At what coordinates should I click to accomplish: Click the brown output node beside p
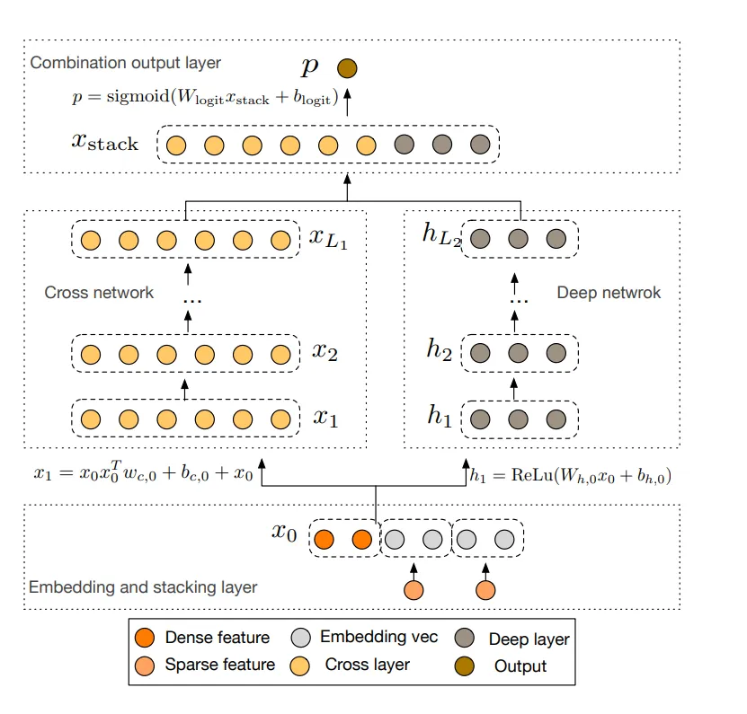346,68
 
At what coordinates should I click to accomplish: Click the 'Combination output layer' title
125,64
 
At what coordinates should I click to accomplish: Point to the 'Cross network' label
99,293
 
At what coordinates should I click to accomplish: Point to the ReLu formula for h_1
571,477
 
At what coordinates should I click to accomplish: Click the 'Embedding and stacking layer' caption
143,587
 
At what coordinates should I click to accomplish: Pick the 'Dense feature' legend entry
217,639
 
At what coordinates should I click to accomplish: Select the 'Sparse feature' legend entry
219,665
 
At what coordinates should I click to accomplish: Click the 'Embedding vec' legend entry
378,638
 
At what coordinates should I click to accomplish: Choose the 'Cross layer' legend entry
367,665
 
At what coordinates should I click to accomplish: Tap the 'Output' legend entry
520,666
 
